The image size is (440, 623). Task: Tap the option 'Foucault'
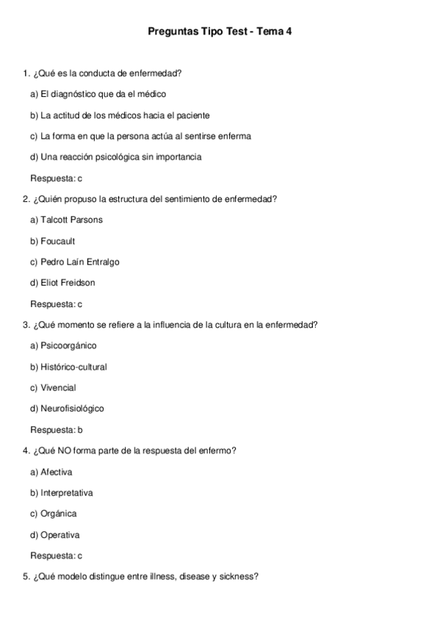click(52, 241)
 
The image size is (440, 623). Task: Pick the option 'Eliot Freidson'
click(62, 283)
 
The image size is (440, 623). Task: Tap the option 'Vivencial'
click(53, 387)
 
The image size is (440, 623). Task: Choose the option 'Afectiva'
click(51, 472)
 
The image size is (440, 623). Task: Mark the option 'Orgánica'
click(53, 514)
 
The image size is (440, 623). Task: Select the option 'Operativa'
click(54, 535)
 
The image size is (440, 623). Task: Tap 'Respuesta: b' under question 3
click(56, 430)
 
